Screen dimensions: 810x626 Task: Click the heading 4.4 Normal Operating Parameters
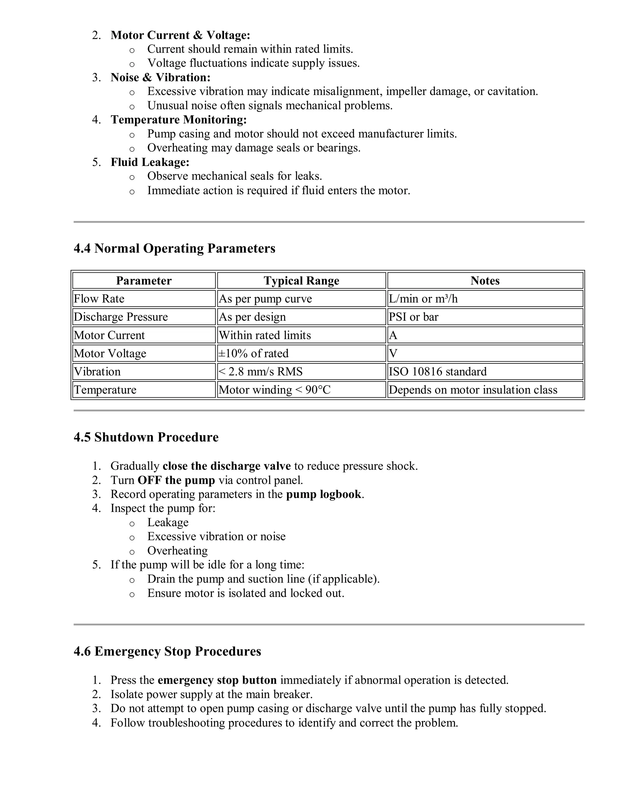pyautogui.click(x=174, y=248)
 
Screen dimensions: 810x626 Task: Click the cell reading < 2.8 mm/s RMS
pyautogui.click(x=261, y=371)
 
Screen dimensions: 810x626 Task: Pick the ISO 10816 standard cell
pyautogui.click(x=438, y=371)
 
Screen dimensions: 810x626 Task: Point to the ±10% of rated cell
pyautogui.click(x=254, y=353)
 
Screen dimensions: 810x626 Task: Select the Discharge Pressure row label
pyautogui.click(x=121, y=317)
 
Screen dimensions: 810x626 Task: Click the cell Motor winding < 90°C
pyautogui.click(x=274, y=389)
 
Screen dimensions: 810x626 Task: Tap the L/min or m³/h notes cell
pyautogui.click(x=423, y=299)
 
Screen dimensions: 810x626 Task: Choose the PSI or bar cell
pyautogui.click(x=414, y=317)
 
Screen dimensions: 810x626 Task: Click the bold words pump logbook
pyautogui.click(x=323, y=494)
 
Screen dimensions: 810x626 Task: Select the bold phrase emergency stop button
pyautogui.click(x=217, y=680)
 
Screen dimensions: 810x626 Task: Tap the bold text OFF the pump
pyautogui.click(x=176, y=480)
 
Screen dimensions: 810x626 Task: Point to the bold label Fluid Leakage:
pyautogui.click(x=150, y=162)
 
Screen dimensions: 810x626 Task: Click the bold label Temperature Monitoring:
pyautogui.click(x=179, y=120)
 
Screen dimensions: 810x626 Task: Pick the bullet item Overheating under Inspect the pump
pyautogui.click(x=177, y=550)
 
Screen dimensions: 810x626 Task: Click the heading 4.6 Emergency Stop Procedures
pyautogui.click(x=167, y=651)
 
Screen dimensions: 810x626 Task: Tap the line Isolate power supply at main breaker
pyautogui.click(x=212, y=694)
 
